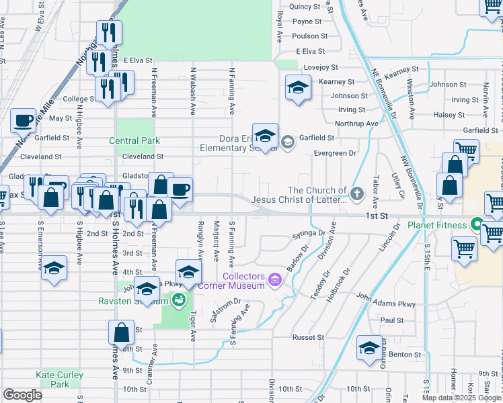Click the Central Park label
coord(135,140)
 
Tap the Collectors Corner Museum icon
coord(274,279)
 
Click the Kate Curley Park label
coord(60,379)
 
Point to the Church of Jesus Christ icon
coord(357,194)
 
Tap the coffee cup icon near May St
coord(24,121)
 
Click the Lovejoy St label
coord(322,67)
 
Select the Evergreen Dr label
coord(334,153)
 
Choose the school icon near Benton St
coord(369,347)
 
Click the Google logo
coord(23,395)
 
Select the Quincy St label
coord(305,7)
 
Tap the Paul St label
coord(391,320)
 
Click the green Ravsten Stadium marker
coord(178,300)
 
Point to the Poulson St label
coord(310,36)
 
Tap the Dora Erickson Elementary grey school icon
coord(287,141)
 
